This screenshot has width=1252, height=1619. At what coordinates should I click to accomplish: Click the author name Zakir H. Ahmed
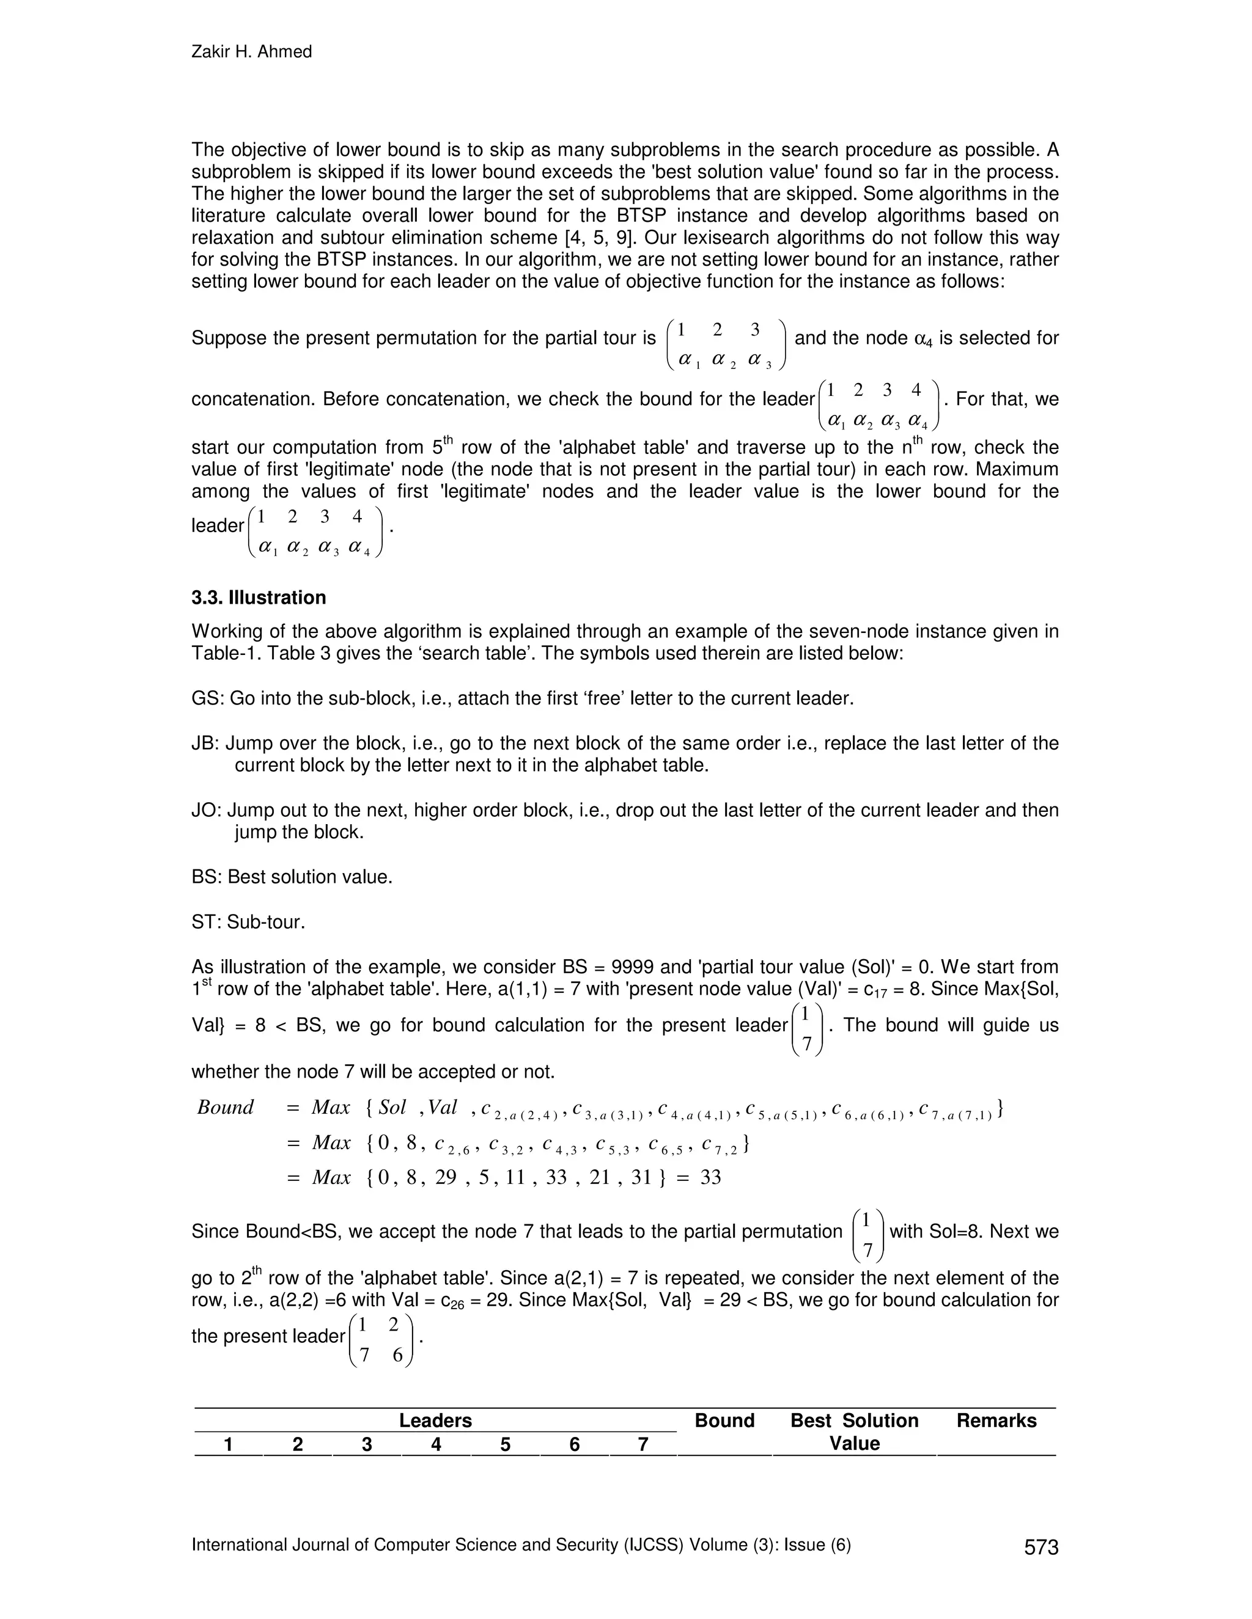[x=251, y=52]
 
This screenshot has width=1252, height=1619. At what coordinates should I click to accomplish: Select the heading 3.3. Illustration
[x=259, y=598]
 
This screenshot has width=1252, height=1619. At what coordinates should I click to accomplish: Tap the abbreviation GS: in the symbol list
[x=208, y=698]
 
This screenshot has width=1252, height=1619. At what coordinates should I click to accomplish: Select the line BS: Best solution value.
[x=292, y=877]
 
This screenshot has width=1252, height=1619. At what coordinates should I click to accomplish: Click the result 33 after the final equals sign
[x=710, y=1177]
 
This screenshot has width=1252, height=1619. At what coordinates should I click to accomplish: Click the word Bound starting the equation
[x=226, y=1108]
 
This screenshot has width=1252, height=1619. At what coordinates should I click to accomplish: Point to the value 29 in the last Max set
[x=446, y=1177]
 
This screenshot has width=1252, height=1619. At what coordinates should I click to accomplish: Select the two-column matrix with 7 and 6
[x=380, y=1340]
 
